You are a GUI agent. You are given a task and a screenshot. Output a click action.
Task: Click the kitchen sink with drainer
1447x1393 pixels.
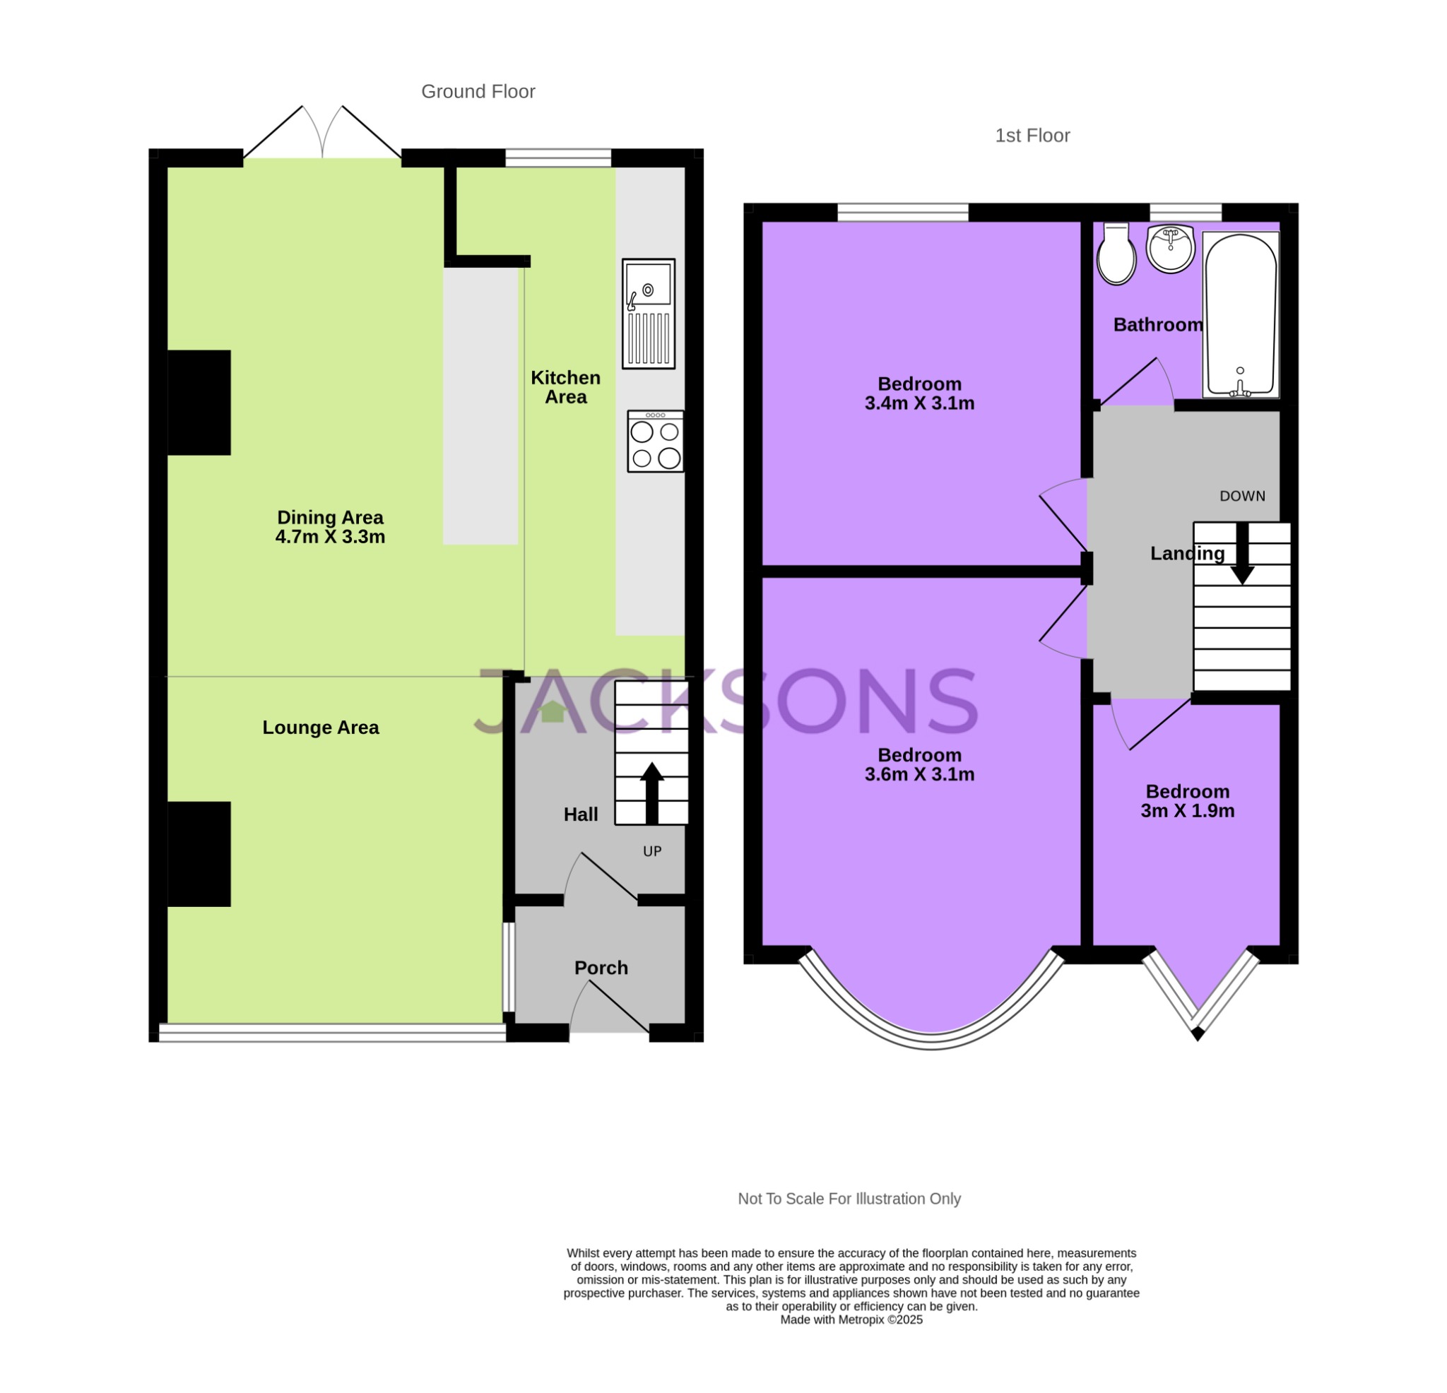point(648,314)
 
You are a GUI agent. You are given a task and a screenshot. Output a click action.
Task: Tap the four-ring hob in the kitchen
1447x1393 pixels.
point(655,441)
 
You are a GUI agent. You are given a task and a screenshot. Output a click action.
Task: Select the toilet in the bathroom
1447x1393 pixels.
point(1116,255)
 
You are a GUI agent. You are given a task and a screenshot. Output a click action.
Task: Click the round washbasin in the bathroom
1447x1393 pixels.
point(1170,249)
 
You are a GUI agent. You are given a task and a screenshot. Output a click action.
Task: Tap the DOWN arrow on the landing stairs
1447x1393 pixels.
point(1243,554)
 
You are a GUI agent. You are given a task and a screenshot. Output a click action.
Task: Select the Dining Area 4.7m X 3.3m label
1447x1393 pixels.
point(330,527)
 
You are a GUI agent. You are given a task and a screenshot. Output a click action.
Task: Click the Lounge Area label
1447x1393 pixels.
point(320,727)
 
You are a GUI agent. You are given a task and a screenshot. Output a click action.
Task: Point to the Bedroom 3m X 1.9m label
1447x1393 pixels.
point(1187,801)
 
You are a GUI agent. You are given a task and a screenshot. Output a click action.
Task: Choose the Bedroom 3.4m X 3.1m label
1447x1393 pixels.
point(919,393)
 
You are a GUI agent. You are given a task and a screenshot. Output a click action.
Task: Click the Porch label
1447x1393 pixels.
point(601,967)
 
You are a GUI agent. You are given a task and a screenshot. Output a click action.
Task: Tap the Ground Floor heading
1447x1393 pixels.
point(478,92)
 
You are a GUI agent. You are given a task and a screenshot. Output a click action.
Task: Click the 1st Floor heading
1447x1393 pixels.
point(1032,136)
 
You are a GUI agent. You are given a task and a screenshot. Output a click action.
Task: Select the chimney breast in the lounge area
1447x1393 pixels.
point(199,854)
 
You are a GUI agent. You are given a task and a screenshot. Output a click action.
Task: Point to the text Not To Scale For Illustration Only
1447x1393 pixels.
point(849,1199)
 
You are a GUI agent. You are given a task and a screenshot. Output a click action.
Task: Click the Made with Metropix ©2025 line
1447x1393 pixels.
point(851,1320)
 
